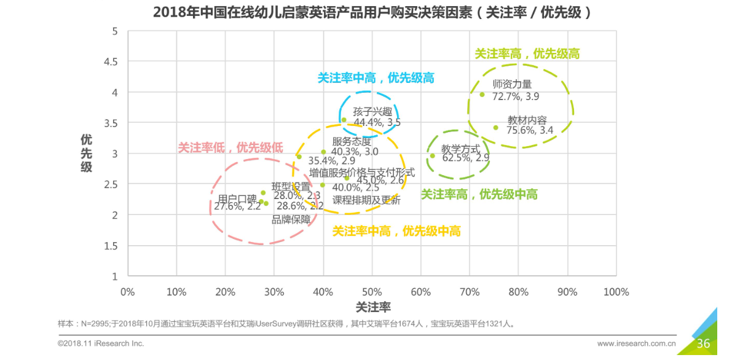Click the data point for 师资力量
pyautogui.click(x=482, y=95)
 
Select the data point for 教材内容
pyautogui.click(x=495, y=128)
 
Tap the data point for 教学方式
pyautogui.click(x=432, y=155)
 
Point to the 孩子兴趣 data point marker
pyautogui.click(x=344, y=120)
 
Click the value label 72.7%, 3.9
pyautogui.click(x=516, y=96)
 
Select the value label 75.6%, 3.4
pyautogui.click(x=530, y=130)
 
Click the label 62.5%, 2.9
pyautogui.click(x=466, y=158)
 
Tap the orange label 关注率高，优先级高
pyautogui.click(x=527, y=54)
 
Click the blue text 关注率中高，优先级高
pyautogui.click(x=376, y=78)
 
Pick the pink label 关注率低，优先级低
pyautogui.click(x=230, y=147)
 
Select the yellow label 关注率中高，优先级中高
pyautogui.click(x=396, y=232)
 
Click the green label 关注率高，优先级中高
pyautogui.click(x=479, y=195)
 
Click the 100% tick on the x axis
pyautogui.click(x=616, y=292)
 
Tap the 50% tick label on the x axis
pyautogui.click(x=372, y=292)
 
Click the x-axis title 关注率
pyautogui.click(x=373, y=307)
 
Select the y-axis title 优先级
pyautogui.click(x=87, y=154)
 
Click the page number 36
pyautogui.click(x=703, y=343)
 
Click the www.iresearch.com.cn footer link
pyautogui.click(x=637, y=343)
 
